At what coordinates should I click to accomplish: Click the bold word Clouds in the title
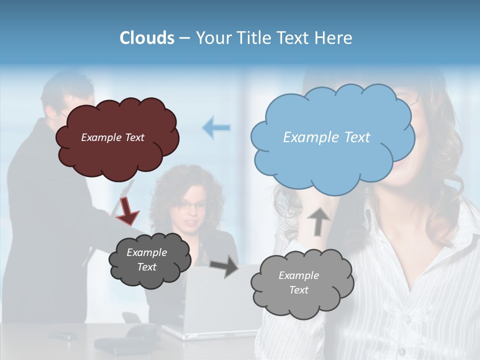point(146,38)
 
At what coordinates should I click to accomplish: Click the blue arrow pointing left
point(216,127)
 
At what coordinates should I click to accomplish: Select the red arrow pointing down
point(127,210)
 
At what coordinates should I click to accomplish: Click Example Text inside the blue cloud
point(326,137)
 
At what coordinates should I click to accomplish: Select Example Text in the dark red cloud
point(112,137)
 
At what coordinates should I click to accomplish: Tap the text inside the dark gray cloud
point(146,259)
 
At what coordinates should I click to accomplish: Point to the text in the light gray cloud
point(298,282)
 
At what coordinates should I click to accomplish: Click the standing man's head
point(67,95)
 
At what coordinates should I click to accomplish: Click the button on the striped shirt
point(408,318)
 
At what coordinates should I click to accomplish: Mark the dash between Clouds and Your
point(184,38)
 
